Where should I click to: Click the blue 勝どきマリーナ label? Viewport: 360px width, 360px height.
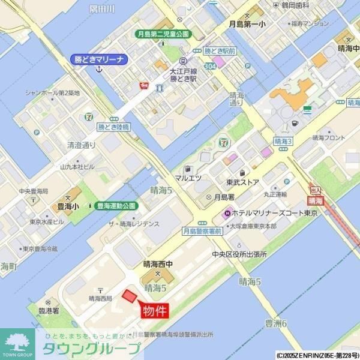click(x=98, y=59)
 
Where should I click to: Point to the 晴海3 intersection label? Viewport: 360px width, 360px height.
click(x=283, y=140)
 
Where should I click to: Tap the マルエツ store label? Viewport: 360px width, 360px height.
click(x=188, y=178)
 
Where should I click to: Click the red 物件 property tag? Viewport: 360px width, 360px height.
click(x=155, y=311)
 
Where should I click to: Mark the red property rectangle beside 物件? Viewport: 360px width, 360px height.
click(x=129, y=296)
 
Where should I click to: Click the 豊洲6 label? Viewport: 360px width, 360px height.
click(x=277, y=323)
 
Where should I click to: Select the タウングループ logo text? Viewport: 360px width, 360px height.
click(x=91, y=349)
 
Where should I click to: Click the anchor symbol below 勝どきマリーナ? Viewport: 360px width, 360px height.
click(x=100, y=70)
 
